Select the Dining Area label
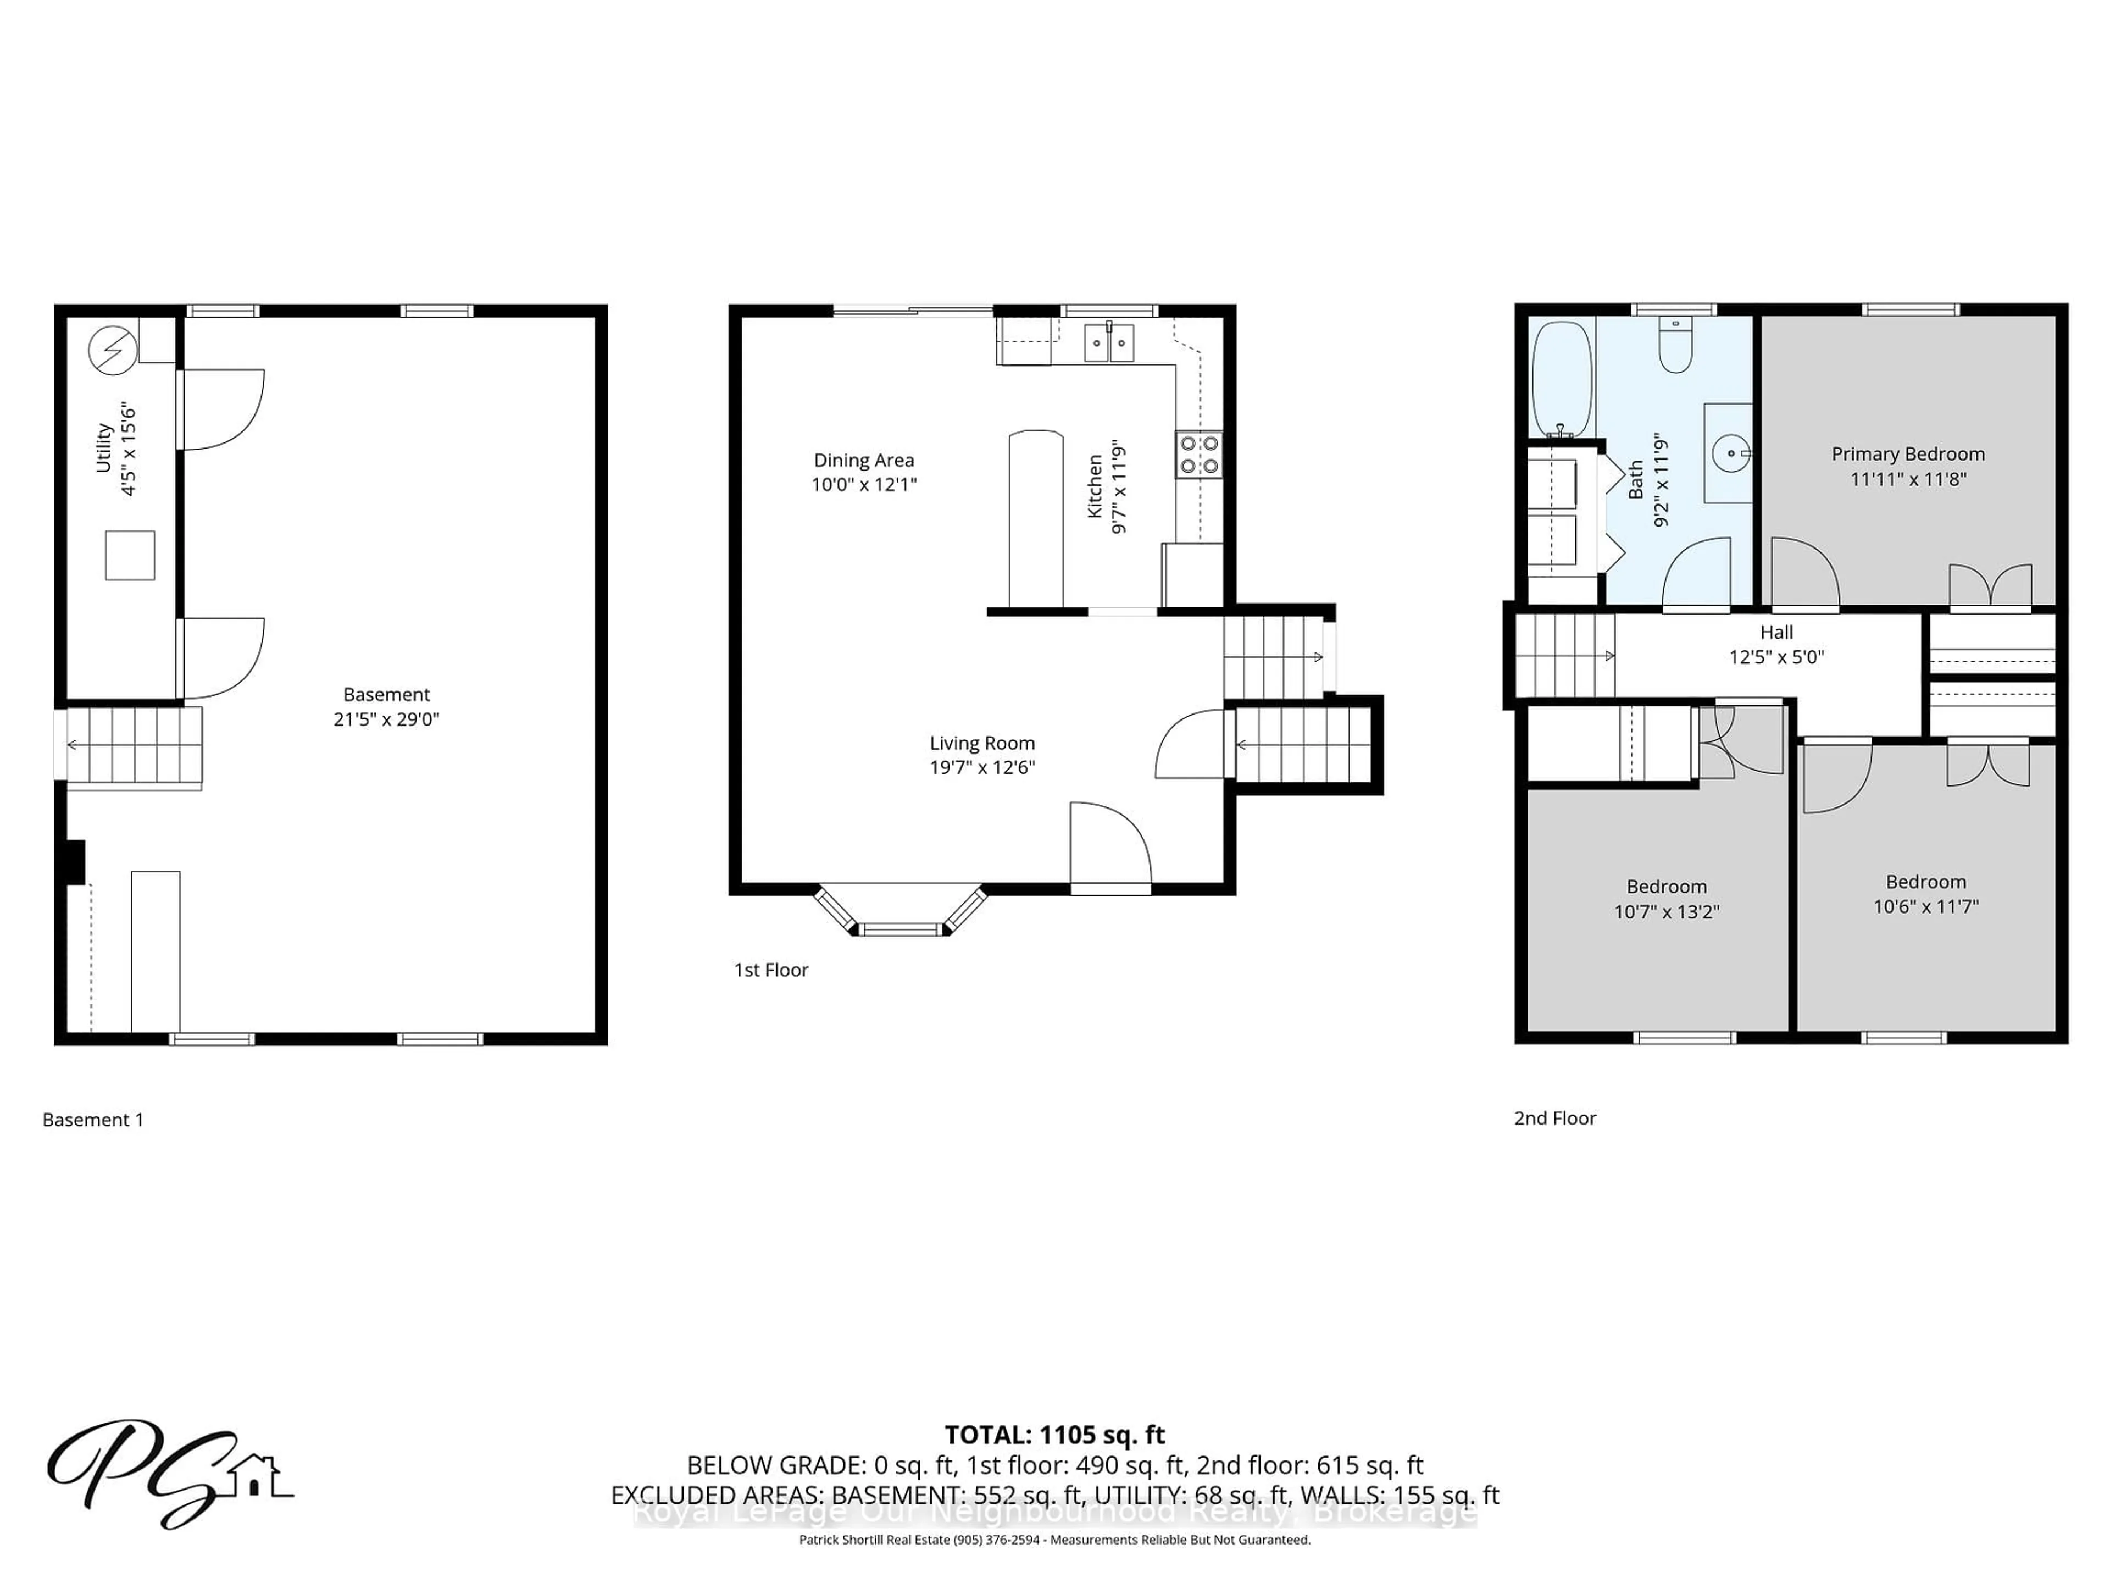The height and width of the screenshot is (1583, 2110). pyautogui.click(x=863, y=461)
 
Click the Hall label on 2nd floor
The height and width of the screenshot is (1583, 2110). pyautogui.click(x=1776, y=633)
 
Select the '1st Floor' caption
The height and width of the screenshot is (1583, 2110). pyautogui.click(x=771, y=970)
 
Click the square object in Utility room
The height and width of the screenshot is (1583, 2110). pyautogui.click(x=130, y=555)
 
